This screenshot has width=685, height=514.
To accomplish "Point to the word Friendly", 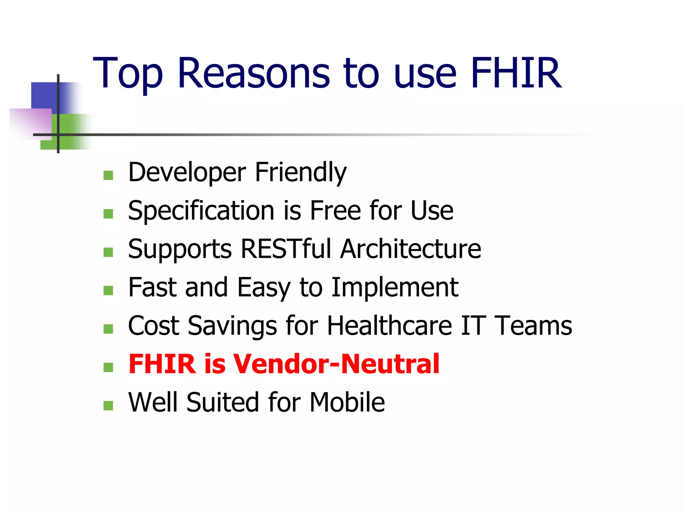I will click(301, 173).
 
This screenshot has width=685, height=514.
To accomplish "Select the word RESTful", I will click(286, 249).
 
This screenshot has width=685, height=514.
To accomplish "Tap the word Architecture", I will click(411, 249).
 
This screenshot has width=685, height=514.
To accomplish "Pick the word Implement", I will click(395, 287).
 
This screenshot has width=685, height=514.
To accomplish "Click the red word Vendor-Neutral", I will click(336, 364).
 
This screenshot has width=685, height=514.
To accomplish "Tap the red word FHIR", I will click(162, 364).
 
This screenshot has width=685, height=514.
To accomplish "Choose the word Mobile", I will click(347, 402).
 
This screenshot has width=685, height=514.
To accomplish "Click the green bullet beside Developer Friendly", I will click(108, 175).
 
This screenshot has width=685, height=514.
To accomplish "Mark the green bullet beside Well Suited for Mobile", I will click(108, 406).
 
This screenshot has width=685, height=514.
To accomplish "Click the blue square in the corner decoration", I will click(45, 95).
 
